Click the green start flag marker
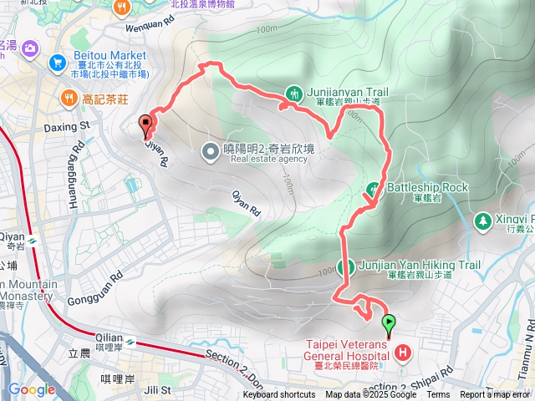pyautogui.click(x=389, y=322)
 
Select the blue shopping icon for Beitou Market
pyautogui.click(x=57, y=61)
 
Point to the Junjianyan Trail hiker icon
pyautogui.click(x=293, y=94)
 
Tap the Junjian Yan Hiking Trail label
pyautogui.click(x=419, y=266)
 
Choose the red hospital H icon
pyautogui.click(x=403, y=353)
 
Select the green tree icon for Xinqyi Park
pyautogui.click(x=482, y=221)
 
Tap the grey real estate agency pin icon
pyautogui.click(x=210, y=151)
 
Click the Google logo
pyautogui.click(x=31, y=389)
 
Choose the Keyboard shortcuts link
pyautogui.click(x=280, y=395)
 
